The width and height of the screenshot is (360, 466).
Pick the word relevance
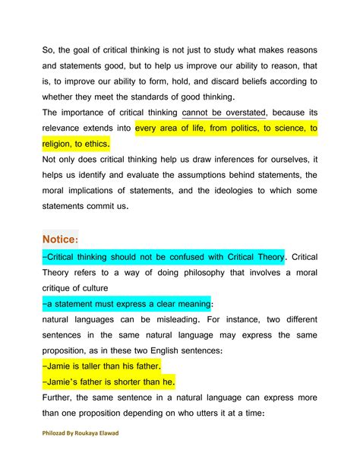click(68, 128)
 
